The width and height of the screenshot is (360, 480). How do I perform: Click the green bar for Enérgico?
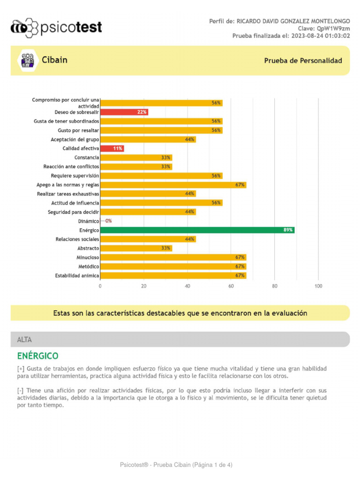(197, 230)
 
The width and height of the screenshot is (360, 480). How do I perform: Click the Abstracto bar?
(136, 248)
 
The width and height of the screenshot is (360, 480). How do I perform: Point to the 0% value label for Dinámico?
(108, 221)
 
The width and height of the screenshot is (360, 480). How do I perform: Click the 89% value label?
(288, 230)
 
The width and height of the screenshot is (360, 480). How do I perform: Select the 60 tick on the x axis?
(231, 286)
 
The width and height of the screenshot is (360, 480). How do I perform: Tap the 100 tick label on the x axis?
(318, 286)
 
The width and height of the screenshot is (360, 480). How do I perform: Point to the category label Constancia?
(87, 157)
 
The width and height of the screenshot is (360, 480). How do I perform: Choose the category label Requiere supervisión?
(75, 176)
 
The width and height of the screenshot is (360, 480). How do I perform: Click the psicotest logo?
(56, 28)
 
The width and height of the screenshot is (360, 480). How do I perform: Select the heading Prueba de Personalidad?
(303, 61)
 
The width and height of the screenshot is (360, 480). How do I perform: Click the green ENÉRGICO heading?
(38, 356)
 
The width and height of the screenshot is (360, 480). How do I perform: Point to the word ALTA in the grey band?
(24, 339)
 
